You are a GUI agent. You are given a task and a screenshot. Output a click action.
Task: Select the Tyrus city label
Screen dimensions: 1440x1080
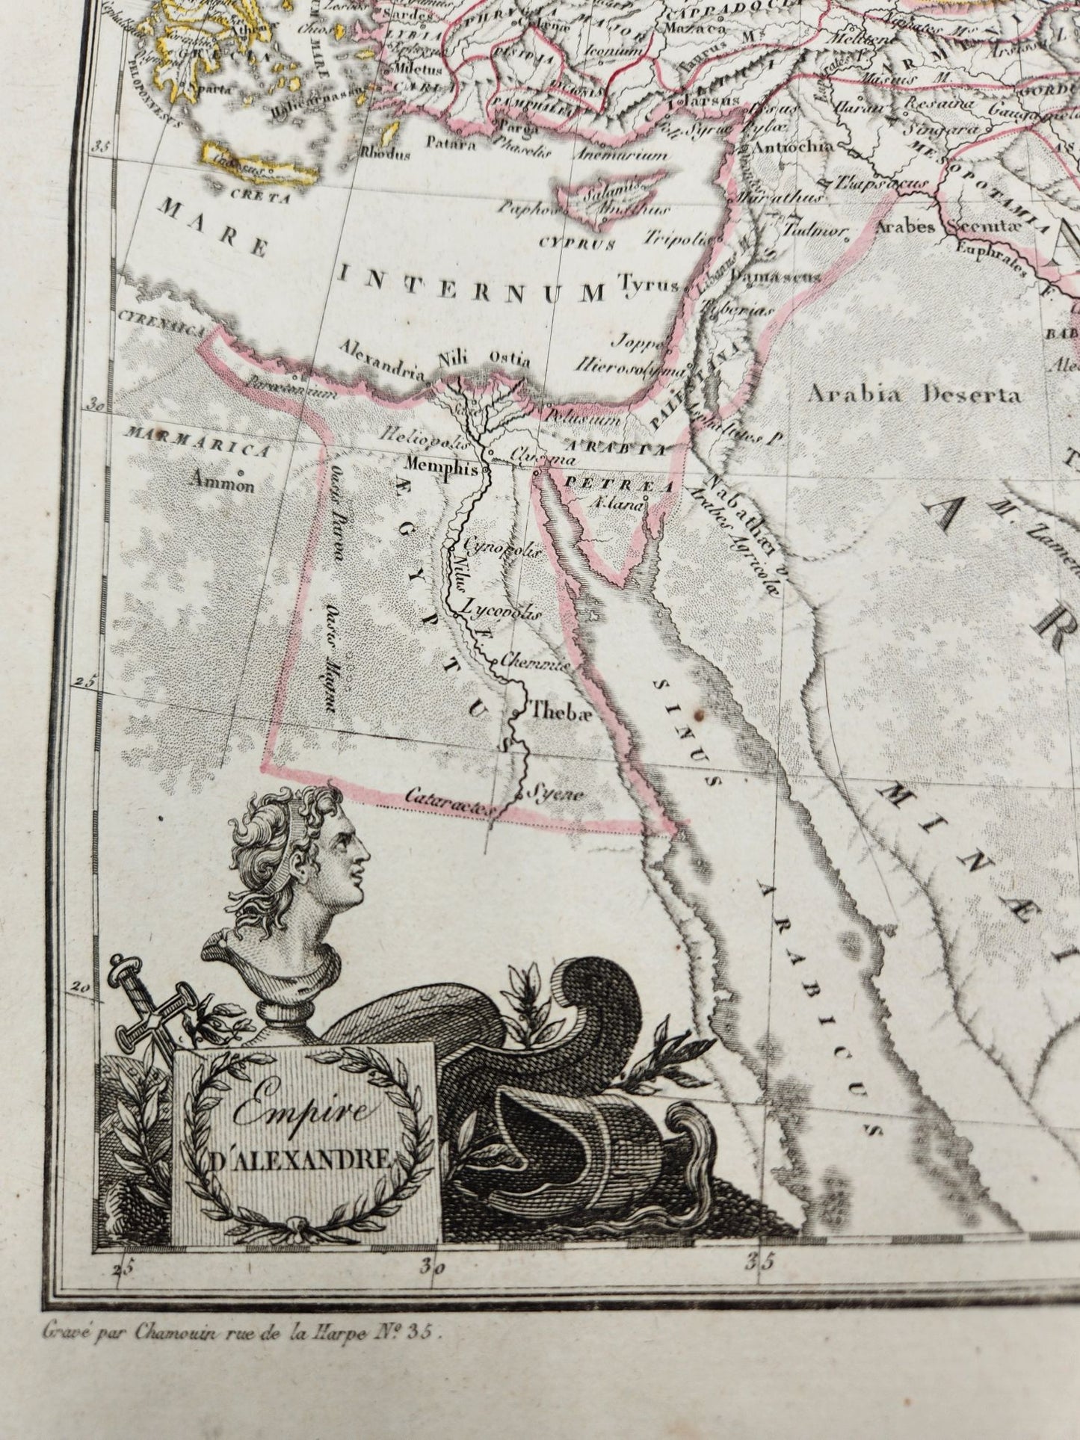coord(647,285)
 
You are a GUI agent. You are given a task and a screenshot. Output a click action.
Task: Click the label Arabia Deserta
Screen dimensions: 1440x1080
coord(914,394)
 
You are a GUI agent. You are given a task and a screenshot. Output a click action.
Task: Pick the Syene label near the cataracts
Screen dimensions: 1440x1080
coord(555,794)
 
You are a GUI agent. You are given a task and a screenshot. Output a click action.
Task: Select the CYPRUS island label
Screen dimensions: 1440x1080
coord(576,243)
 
